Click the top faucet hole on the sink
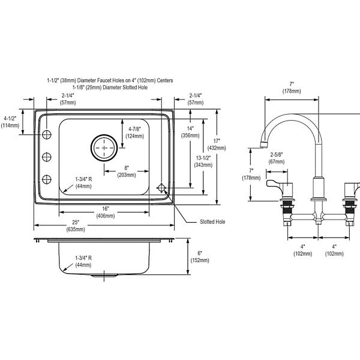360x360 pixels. pos(47,134)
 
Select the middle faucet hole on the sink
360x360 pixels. pos(47,157)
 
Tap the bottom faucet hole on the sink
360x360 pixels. pos(47,179)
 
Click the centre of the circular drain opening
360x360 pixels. pos(104,148)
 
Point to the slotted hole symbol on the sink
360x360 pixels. pos(161,188)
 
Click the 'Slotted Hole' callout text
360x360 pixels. pos(212,222)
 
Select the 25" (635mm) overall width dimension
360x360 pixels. pos(76,226)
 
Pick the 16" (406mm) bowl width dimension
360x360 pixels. pos(106,212)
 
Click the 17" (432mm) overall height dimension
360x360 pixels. pos(217,145)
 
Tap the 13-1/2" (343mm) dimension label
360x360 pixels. pos(203,161)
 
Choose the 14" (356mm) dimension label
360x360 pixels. pos(190,132)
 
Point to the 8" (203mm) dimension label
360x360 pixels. pos(127,172)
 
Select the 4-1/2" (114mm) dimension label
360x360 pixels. pos(10,122)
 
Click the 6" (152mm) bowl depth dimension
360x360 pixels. pos(200,257)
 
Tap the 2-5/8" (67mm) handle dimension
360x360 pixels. pos(277,158)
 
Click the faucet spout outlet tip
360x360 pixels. pos(264,145)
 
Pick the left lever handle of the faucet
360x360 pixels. pos(280,184)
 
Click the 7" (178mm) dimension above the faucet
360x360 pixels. pos(292,88)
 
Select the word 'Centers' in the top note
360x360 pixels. pos(165,80)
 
